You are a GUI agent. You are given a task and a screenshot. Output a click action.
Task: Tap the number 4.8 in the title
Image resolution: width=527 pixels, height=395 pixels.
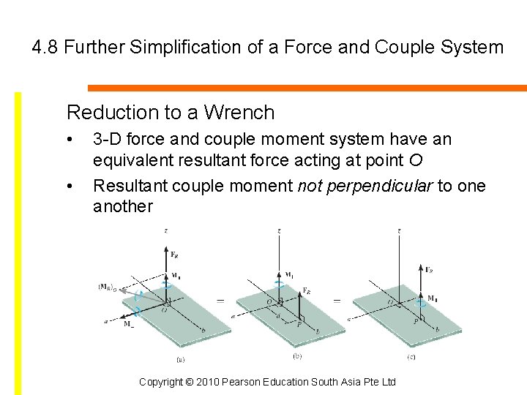pyautogui.click(x=45, y=48)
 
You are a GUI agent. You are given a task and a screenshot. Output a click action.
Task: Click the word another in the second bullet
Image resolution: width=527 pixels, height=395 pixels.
pyautogui.click(x=123, y=206)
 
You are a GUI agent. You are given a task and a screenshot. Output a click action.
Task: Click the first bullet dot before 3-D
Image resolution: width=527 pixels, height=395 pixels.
pyautogui.click(x=69, y=140)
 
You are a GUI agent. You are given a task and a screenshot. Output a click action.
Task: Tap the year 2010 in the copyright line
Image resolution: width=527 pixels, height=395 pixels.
pyautogui.click(x=214, y=382)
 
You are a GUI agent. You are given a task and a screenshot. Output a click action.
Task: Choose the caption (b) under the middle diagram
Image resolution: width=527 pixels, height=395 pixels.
pyautogui.click(x=296, y=357)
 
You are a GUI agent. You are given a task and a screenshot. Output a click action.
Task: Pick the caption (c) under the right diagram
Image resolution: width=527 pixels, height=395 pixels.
pyautogui.click(x=412, y=357)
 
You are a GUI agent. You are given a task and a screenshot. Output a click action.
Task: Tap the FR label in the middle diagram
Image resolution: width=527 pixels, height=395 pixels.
pyautogui.click(x=308, y=290)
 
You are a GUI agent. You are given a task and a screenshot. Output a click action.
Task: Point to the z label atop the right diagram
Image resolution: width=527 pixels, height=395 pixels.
pyautogui.click(x=398, y=231)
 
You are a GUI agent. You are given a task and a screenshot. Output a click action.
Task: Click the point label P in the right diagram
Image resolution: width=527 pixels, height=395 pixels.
pyautogui.click(x=414, y=320)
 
